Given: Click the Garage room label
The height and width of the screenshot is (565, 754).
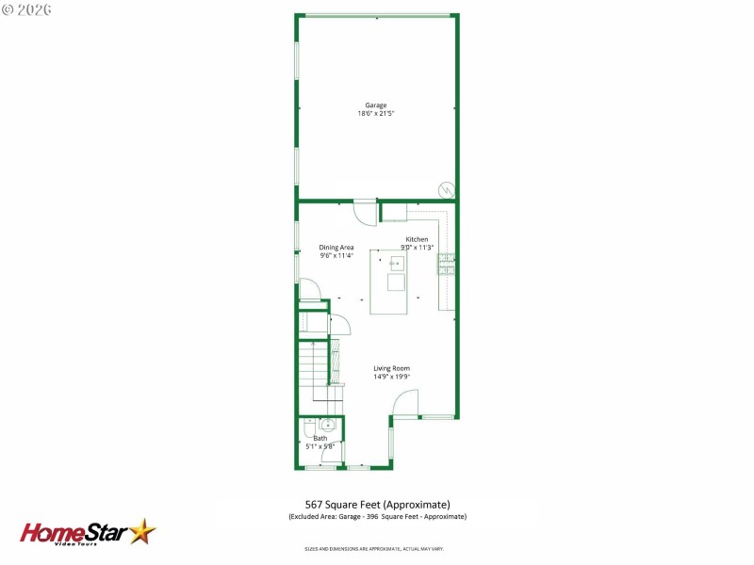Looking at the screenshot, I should coord(376,105).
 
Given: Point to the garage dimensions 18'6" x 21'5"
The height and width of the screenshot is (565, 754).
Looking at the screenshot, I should coord(376,113).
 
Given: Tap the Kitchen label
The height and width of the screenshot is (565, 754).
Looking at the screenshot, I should coord(417,239).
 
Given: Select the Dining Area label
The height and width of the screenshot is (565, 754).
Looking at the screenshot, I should coord(336,248).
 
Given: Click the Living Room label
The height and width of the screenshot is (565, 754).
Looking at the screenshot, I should coord(391,368).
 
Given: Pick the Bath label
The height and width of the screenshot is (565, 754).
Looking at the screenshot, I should coord(320,438).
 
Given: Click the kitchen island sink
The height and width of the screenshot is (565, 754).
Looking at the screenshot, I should coord(397,280).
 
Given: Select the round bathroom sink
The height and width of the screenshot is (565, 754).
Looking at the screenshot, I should coord(327,425).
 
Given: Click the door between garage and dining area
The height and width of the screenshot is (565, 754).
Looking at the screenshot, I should coord(365,210).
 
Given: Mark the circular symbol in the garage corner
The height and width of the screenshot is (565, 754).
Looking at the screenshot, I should coord(445,191).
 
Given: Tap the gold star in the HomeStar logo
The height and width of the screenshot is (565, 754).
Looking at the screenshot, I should coord(142,532).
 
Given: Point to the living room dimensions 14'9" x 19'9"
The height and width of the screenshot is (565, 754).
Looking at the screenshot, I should coord(391,377).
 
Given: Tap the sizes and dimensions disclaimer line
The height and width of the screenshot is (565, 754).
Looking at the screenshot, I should coord(374,548).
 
